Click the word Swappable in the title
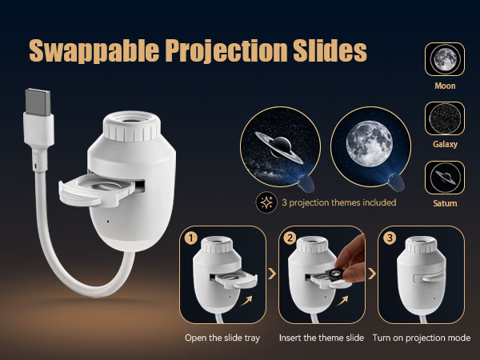[x=94, y=51]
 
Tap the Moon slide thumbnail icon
[x=445, y=59]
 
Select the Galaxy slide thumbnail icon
[x=445, y=118]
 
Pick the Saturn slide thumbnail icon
[x=445, y=178]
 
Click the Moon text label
[x=445, y=86]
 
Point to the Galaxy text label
[x=445, y=144]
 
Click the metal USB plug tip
[x=38, y=102]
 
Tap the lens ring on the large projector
[x=132, y=126]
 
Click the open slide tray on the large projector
[x=97, y=190]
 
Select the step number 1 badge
[x=190, y=238]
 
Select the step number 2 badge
[x=290, y=238]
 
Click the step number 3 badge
[x=390, y=238]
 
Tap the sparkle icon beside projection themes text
[x=266, y=202]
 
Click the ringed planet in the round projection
[x=279, y=147]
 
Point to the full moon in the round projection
[x=369, y=143]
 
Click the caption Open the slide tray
[x=222, y=338]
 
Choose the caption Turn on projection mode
[x=422, y=338]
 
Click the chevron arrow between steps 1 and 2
[x=272, y=274]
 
